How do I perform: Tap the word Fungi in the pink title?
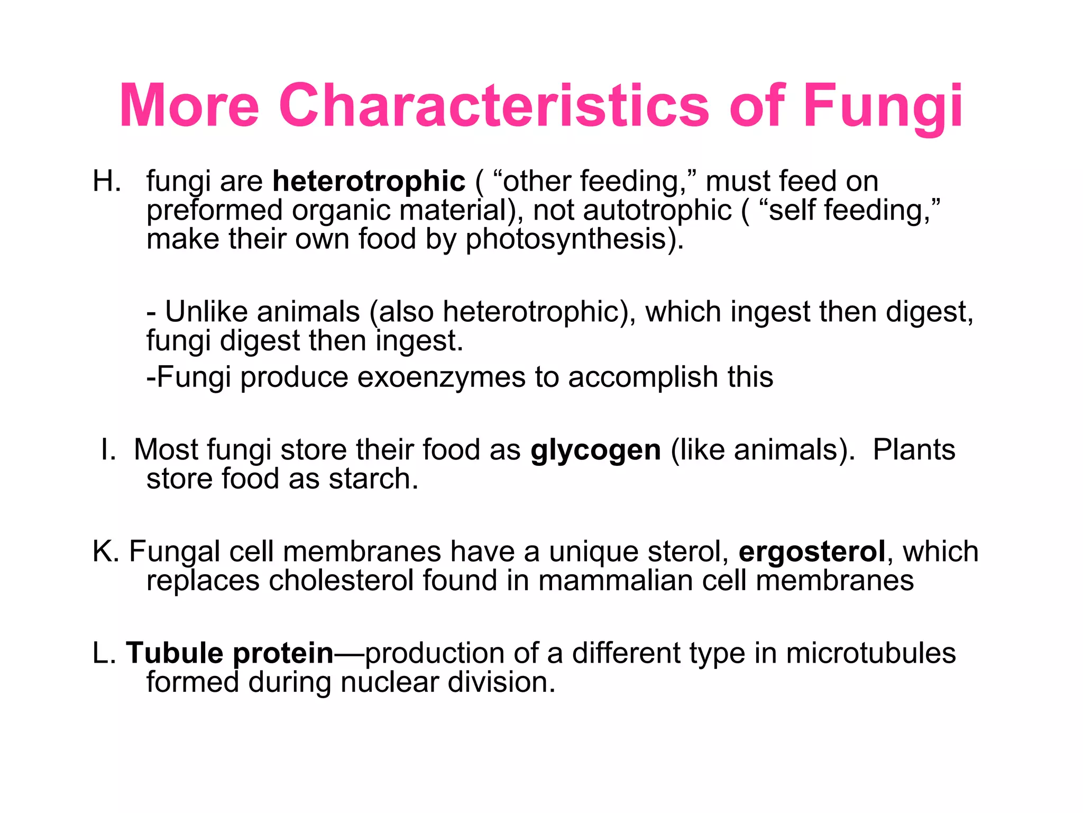coord(883,105)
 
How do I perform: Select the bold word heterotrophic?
coord(369,181)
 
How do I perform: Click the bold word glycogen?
coord(595,450)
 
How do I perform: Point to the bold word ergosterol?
coord(812,552)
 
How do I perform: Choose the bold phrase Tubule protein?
coord(230,653)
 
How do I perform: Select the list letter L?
coord(104,653)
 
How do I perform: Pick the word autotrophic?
coord(657,210)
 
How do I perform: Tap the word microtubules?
coord(870,653)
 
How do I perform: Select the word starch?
coord(373,479)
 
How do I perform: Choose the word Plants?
coord(914,450)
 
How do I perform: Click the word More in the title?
coord(189,105)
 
